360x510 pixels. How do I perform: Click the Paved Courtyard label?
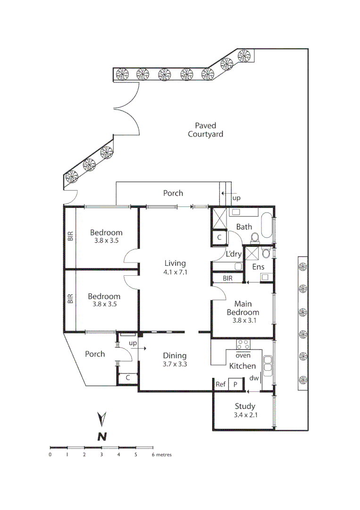205,130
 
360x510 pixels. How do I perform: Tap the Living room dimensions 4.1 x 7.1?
175,272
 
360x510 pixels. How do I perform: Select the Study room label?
245,406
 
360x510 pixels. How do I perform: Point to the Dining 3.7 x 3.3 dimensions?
175,365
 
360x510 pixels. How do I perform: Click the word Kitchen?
243,366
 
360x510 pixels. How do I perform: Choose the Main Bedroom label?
243,308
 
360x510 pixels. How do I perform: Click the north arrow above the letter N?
101,418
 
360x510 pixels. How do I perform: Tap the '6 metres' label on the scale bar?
161,455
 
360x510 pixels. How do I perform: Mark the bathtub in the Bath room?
267,226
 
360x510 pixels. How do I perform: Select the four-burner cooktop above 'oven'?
243,344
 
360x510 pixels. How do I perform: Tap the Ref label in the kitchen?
220,385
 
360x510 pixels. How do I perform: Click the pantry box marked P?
235,385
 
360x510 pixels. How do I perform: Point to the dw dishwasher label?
254,378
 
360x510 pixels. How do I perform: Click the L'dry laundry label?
234,254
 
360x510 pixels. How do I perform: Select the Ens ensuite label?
258,267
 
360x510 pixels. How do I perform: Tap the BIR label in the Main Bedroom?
227,279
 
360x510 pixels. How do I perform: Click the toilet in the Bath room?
255,238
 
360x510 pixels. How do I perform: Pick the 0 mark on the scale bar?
50,455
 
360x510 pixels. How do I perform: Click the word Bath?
244,227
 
